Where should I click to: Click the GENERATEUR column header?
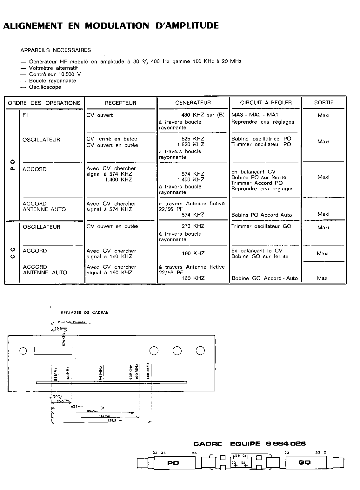(x=193, y=103)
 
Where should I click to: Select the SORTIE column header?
(x=323, y=103)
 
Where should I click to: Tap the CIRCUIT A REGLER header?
(x=266, y=103)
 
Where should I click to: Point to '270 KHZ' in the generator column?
(x=193, y=226)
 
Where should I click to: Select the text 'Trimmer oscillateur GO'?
(x=261, y=226)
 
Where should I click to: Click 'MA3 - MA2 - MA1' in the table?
(x=255, y=115)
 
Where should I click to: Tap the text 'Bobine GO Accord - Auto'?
(x=264, y=278)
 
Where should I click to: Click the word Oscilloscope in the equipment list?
(x=45, y=87)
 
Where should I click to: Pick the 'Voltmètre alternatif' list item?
(x=53, y=68)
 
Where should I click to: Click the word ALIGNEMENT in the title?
(x=32, y=26)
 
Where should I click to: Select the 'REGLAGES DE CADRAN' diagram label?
(x=84, y=312)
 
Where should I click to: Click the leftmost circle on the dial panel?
(x=23, y=351)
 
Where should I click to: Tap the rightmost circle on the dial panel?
(x=200, y=350)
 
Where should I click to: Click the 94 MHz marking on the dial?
(x=100, y=373)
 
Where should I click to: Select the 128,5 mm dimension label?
(x=113, y=420)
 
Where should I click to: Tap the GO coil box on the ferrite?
(x=304, y=463)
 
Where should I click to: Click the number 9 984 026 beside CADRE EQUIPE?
(x=286, y=444)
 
